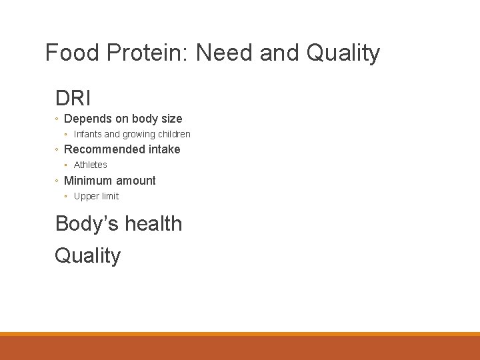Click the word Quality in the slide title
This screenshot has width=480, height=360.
point(343,53)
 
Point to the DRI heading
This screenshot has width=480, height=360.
point(73,99)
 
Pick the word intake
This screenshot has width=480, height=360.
point(165,149)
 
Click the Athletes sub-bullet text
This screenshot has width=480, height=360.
point(90,165)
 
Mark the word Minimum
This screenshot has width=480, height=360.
point(88,181)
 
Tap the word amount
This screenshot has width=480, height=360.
point(136,181)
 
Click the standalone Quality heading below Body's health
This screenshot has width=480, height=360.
point(88,255)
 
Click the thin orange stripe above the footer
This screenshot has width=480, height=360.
point(240,334)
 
